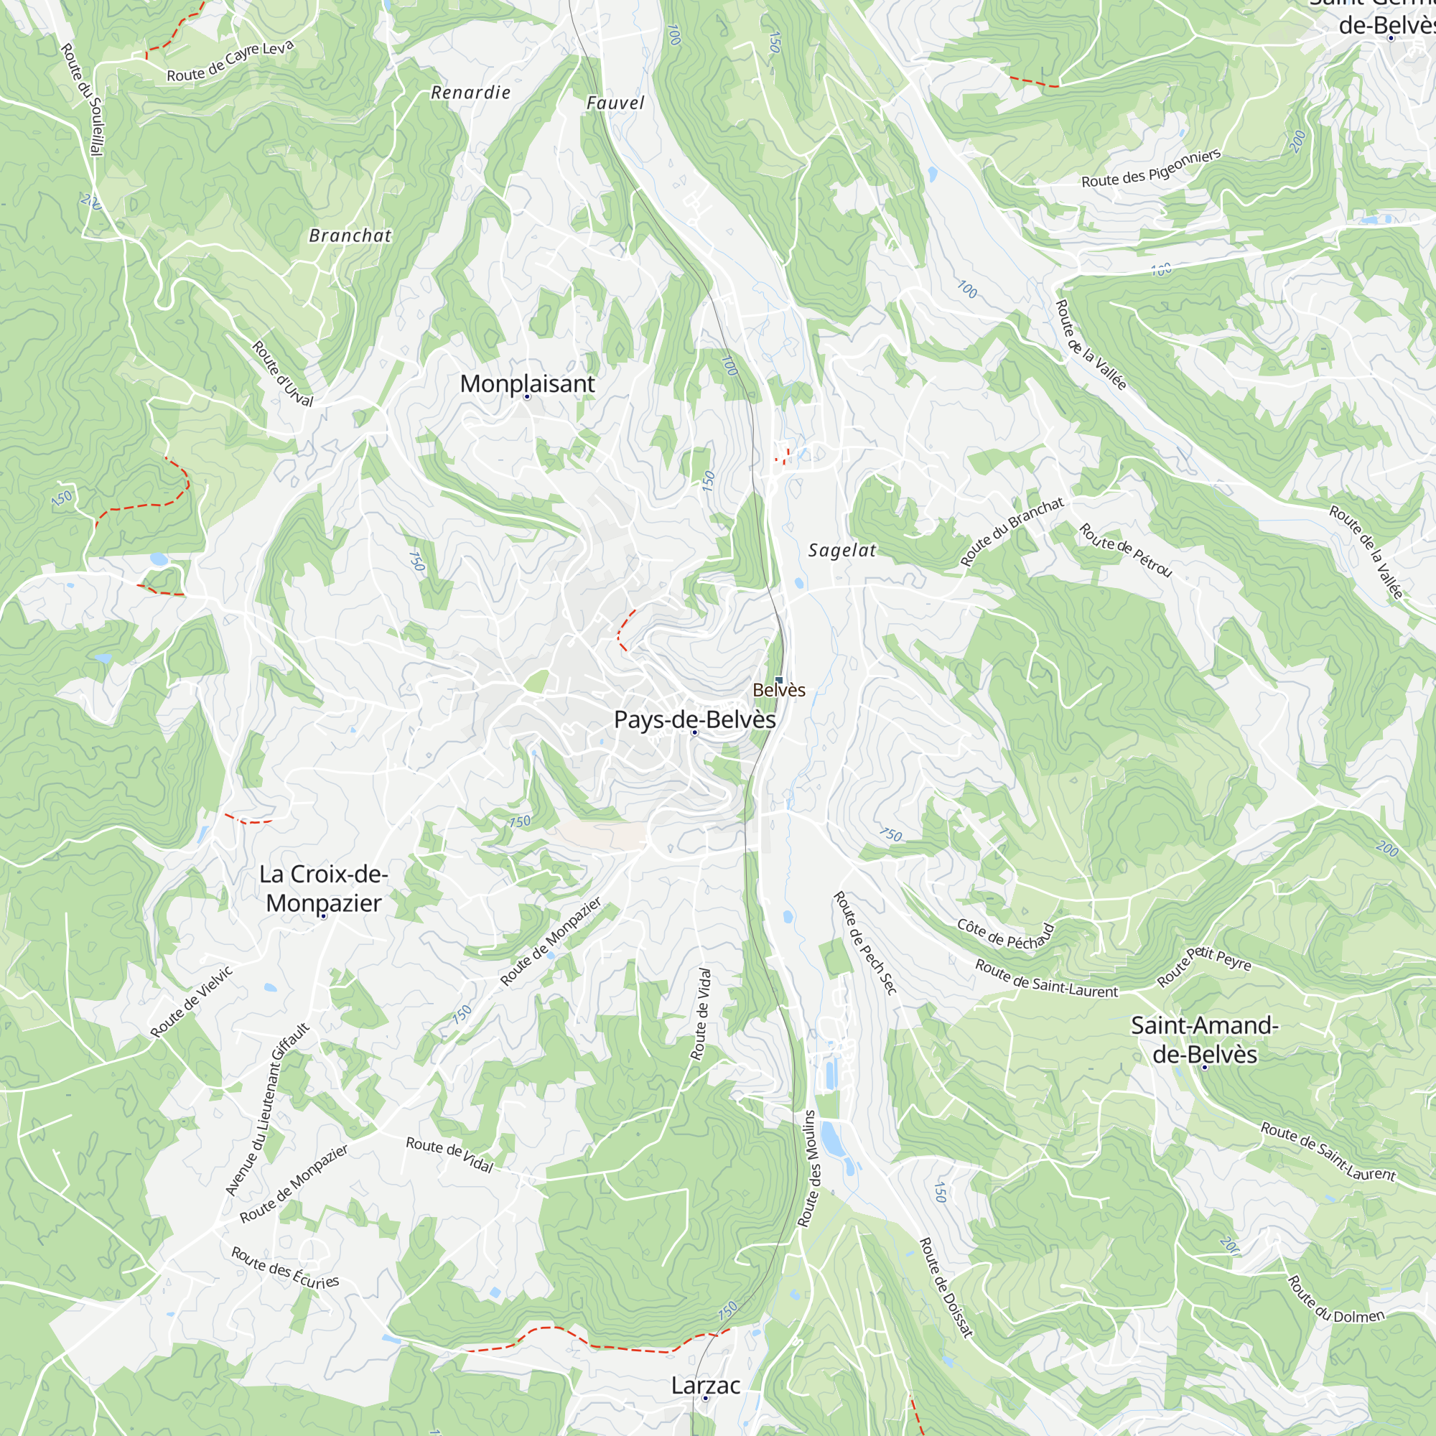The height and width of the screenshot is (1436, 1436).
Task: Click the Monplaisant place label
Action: [x=527, y=383]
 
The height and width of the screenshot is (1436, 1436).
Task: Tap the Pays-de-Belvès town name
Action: [x=694, y=719]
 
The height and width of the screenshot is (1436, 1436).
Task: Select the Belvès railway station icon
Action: [x=779, y=679]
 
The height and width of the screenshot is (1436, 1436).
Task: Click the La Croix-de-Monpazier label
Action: [x=323, y=888]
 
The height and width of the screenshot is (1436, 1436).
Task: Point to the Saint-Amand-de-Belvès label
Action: [x=1204, y=1040]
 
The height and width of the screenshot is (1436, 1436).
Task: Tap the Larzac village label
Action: [x=704, y=1386]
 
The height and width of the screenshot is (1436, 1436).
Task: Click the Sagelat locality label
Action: [x=842, y=551]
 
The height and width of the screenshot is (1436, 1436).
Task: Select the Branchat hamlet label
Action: [x=350, y=236]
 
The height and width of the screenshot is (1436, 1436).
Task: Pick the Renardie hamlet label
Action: [x=470, y=93]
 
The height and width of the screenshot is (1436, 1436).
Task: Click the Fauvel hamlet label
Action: [x=615, y=103]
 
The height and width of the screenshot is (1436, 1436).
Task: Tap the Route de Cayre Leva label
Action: [x=230, y=62]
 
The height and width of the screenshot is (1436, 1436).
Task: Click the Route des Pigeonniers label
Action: [x=1150, y=169]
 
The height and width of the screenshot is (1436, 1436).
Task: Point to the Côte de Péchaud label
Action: [x=1006, y=934]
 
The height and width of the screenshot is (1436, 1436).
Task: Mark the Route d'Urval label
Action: [x=282, y=373]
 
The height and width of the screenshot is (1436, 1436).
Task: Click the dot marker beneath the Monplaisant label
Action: [x=527, y=397]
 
